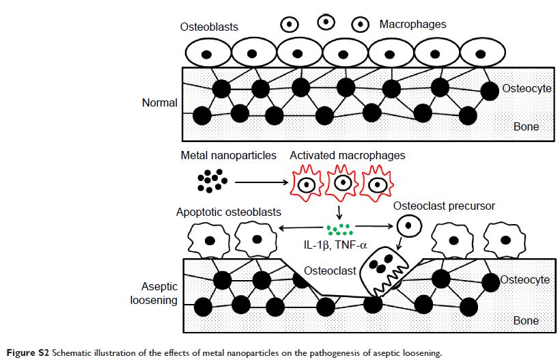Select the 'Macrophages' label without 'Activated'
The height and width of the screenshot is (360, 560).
coord(412,25)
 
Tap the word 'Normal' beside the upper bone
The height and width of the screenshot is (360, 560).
coord(159,103)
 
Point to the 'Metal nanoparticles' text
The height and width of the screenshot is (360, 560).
coord(224,156)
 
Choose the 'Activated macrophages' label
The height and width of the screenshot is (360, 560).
coord(347,156)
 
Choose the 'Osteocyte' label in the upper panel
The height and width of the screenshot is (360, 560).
coord(527,89)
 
